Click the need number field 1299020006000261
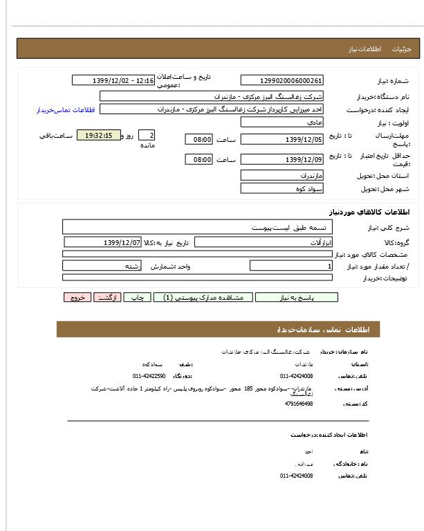(x=282, y=81)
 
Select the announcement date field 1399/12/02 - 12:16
(x=113, y=81)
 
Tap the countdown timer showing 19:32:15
(x=99, y=136)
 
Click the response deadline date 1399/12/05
(x=282, y=140)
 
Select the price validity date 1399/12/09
(x=282, y=160)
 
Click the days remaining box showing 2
(x=147, y=136)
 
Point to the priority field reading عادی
(x=282, y=122)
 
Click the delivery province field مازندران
(x=282, y=176)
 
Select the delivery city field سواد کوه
(x=282, y=188)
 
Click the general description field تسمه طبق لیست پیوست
(x=197, y=227)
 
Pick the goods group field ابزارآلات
(x=263, y=243)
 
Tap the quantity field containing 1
(x=291, y=266)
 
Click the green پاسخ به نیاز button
(x=297, y=298)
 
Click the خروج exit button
(x=77, y=298)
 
